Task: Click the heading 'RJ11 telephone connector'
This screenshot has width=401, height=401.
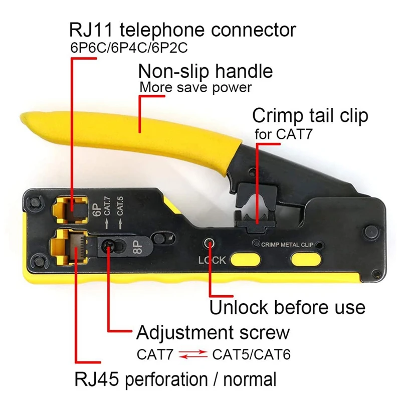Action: (x=182, y=30)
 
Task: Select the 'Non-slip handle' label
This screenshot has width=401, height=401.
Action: (x=206, y=71)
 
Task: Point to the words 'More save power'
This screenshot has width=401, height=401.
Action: (x=195, y=87)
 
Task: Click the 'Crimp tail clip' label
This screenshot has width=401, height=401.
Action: (x=310, y=116)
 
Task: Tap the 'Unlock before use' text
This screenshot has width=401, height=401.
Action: (x=287, y=306)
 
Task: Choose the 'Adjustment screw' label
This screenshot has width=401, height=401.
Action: (x=213, y=332)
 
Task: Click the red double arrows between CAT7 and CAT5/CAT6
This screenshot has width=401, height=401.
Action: (x=193, y=354)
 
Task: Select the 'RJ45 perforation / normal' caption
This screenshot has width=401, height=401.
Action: (x=175, y=379)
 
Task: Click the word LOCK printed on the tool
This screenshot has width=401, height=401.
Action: (x=212, y=260)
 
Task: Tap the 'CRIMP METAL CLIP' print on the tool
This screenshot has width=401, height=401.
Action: (x=287, y=245)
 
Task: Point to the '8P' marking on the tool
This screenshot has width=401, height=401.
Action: (x=138, y=248)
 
